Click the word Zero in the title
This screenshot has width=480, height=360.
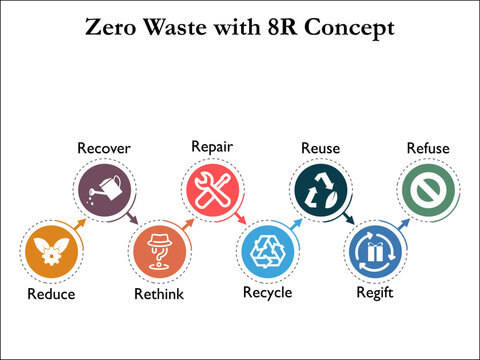112,28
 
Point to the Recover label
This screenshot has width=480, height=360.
104,149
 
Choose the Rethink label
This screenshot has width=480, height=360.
159,294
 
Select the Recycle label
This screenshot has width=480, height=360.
267,293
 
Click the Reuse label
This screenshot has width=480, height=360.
320,149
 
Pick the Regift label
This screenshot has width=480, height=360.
375,294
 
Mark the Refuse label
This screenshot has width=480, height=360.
428,149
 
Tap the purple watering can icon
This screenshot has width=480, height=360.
105,187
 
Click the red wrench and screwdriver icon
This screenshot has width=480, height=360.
212,187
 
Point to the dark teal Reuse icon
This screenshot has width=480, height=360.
320,187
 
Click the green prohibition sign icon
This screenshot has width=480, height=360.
428,187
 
